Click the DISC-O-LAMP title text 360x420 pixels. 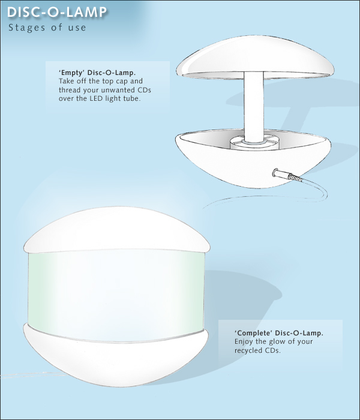[57, 13]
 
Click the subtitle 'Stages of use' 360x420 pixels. [47, 28]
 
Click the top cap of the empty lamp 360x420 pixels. [255, 58]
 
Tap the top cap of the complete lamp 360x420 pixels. [117, 230]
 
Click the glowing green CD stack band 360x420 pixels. [116, 295]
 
